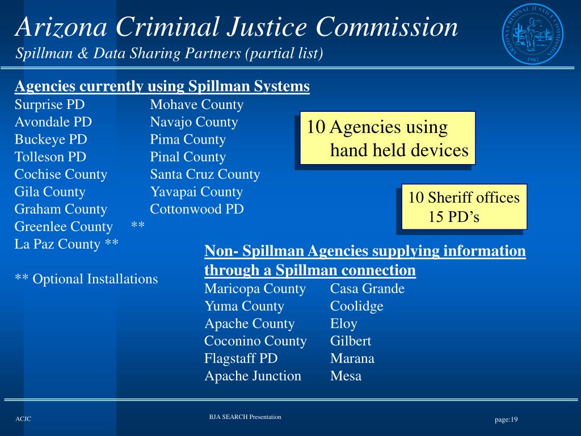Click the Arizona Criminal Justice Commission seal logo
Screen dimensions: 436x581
[532, 38]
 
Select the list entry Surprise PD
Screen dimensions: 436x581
[49, 104]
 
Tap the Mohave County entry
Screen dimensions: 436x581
[196, 104]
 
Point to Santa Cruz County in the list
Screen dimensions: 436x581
[205, 174]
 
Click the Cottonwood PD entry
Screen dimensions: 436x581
[197, 209]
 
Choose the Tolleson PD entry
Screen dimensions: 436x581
[50, 157]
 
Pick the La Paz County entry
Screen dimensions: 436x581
[66, 244]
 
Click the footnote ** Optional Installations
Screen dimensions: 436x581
[86, 279]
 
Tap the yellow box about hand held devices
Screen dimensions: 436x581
[388, 139]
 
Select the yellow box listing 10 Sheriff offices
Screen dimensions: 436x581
[464, 207]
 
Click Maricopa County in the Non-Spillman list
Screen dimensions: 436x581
[255, 288]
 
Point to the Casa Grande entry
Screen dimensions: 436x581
[367, 288]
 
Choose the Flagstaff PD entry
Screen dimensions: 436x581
[241, 358]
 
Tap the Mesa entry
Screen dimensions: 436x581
[346, 376]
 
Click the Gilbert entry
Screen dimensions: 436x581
[351, 341]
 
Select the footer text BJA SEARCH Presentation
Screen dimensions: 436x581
[245, 417]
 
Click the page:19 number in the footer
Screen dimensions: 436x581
[506, 420]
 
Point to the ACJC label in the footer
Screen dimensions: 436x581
[23, 419]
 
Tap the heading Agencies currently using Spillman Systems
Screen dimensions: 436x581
[162, 86]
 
